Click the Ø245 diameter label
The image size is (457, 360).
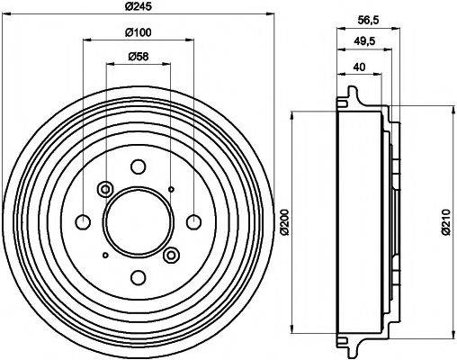point(138,7)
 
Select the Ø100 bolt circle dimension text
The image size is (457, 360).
point(138,33)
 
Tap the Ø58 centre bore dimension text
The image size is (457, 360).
point(138,58)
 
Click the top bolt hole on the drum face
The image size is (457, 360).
point(138,166)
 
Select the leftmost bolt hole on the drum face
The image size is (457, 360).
point(83,221)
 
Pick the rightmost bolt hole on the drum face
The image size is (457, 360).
point(193,221)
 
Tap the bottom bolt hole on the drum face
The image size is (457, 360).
point(138,276)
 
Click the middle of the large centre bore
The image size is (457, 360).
point(138,221)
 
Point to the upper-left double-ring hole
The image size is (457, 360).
point(104,188)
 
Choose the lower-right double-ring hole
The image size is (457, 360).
point(171,256)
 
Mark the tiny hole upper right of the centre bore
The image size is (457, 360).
point(171,188)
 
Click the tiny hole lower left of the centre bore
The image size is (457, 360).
point(104,256)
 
